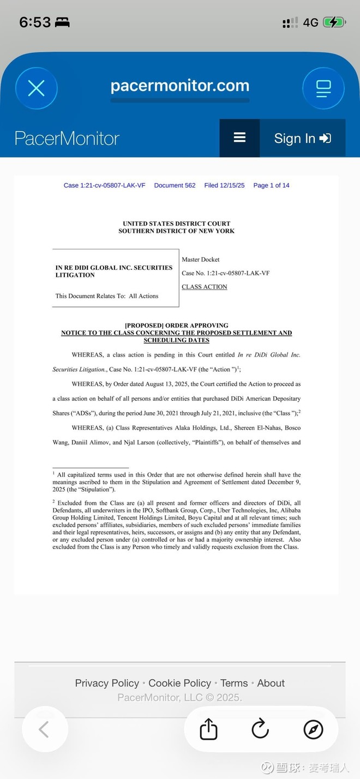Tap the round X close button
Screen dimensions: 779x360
click(37, 88)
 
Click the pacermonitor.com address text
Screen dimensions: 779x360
click(179, 86)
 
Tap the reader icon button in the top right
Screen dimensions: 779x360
click(323, 88)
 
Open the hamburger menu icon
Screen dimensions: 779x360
click(239, 138)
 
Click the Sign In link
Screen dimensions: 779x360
click(302, 138)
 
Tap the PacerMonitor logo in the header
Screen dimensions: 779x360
click(67, 138)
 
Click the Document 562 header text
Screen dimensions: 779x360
click(175, 185)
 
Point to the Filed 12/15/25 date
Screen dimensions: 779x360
click(224, 185)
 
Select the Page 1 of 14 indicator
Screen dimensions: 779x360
click(271, 185)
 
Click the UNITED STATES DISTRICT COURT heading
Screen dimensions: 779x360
click(176, 224)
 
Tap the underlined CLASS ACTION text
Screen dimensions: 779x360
click(204, 287)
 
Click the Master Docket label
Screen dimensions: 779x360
click(201, 259)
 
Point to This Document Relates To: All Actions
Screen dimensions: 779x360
click(107, 296)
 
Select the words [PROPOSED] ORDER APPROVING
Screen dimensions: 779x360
click(176, 325)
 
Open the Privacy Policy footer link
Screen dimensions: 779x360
click(107, 683)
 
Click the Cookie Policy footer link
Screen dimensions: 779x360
click(179, 683)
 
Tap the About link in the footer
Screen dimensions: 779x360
click(271, 683)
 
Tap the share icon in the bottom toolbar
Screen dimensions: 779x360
click(208, 729)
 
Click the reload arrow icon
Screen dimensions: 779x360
click(260, 729)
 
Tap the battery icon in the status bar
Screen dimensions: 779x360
click(333, 22)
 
